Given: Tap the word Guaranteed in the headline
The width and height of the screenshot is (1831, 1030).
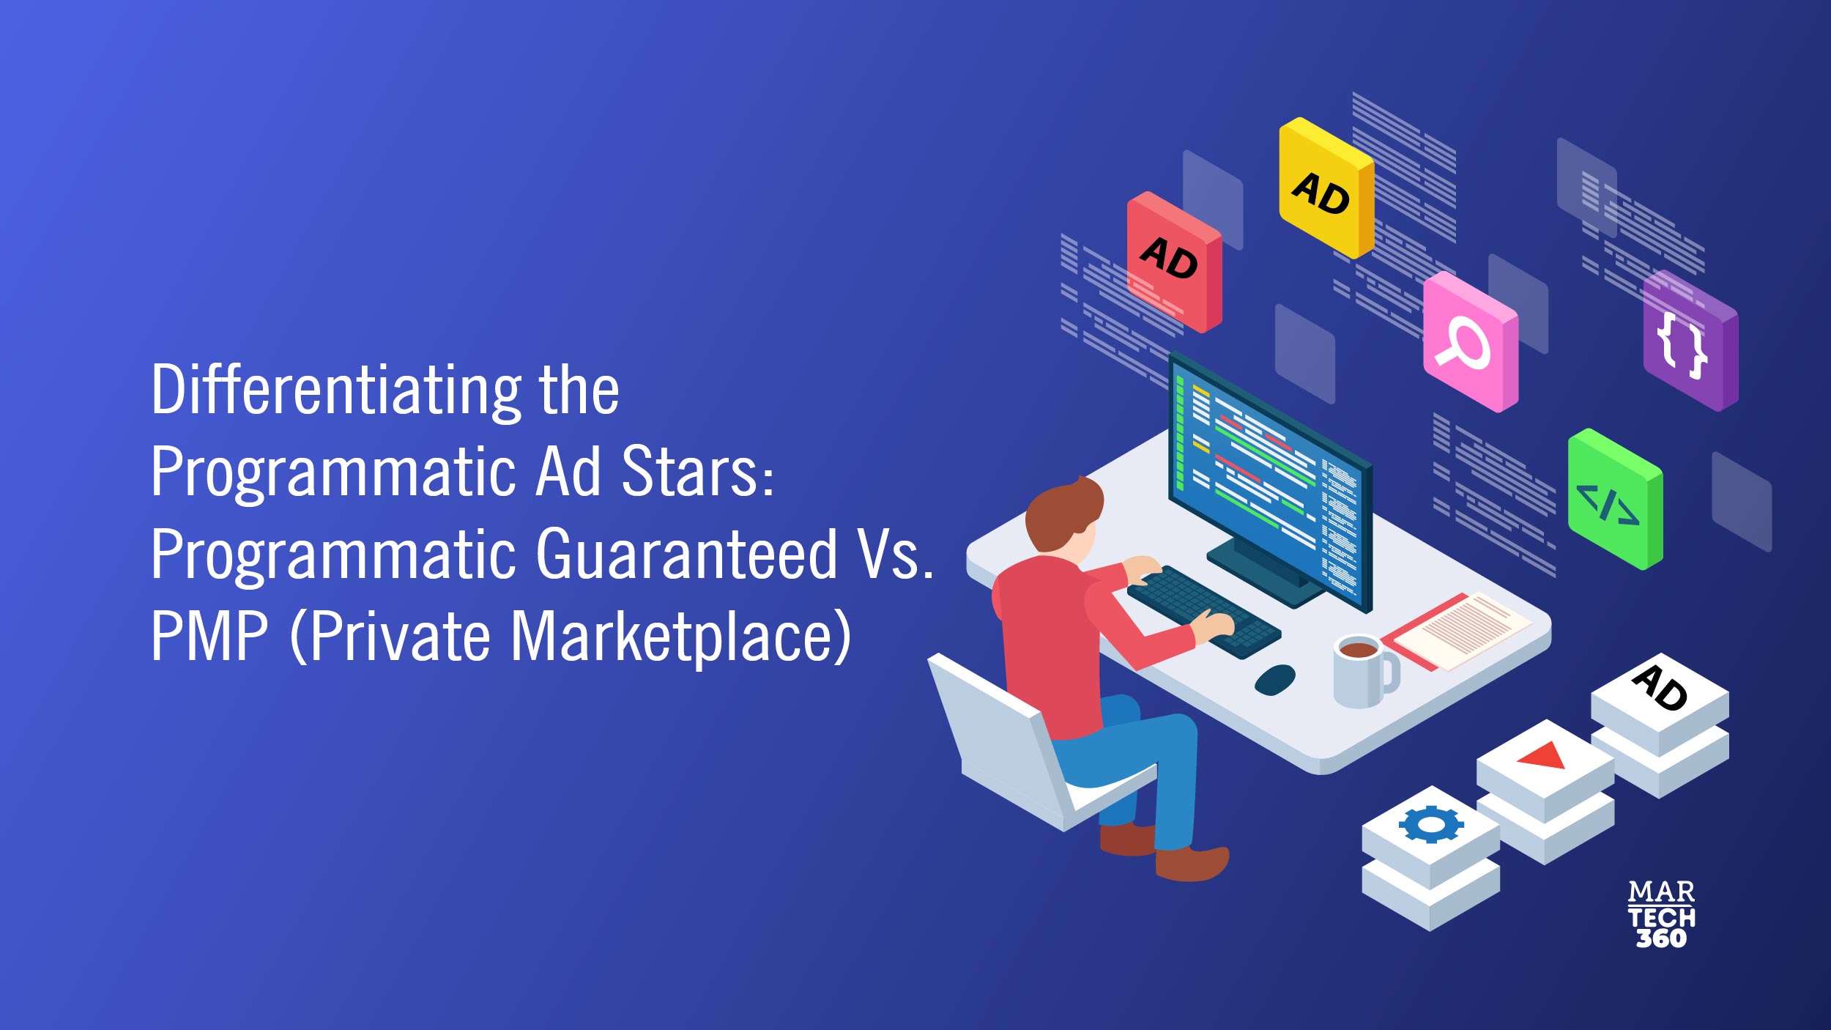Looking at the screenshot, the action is [x=687, y=554].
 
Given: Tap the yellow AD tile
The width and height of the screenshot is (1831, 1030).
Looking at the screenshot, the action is [x=1326, y=188].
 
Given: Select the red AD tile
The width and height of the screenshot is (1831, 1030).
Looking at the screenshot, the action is [x=1173, y=262].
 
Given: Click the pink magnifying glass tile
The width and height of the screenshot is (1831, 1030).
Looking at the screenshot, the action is [x=1470, y=341].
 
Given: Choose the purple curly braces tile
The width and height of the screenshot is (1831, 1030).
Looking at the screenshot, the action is [x=1690, y=341].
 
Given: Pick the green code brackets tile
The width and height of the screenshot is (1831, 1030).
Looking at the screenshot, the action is [x=1615, y=499].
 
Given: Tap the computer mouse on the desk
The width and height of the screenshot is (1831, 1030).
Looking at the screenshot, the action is [x=1274, y=679].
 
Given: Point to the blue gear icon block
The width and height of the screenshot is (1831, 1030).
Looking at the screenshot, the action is [x=1430, y=859].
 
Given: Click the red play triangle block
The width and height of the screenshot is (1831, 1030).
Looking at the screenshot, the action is [x=1545, y=792].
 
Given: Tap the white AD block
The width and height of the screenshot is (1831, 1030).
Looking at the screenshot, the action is [x=1660, y=725].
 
